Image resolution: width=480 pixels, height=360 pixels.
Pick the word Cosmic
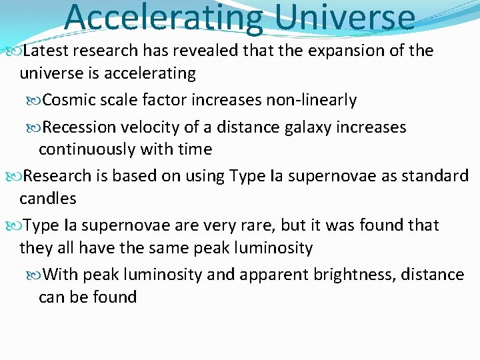pos(67,101)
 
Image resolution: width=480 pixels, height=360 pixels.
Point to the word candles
pos(48,199)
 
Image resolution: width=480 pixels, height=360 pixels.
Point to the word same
pos(147,248)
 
